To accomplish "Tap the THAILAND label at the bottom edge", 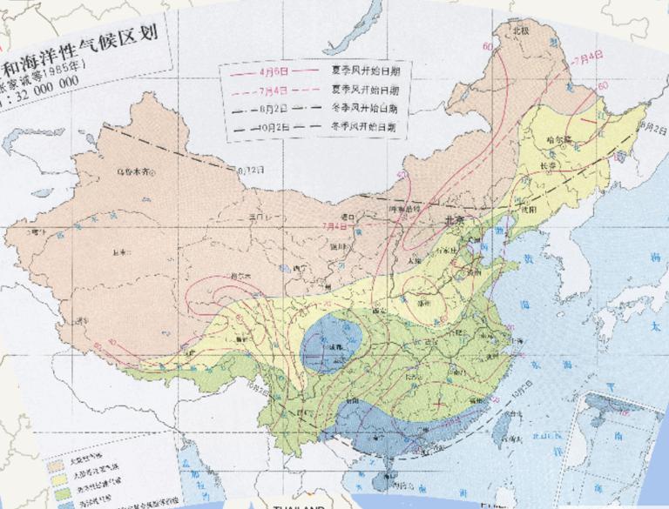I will coord(299,506).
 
